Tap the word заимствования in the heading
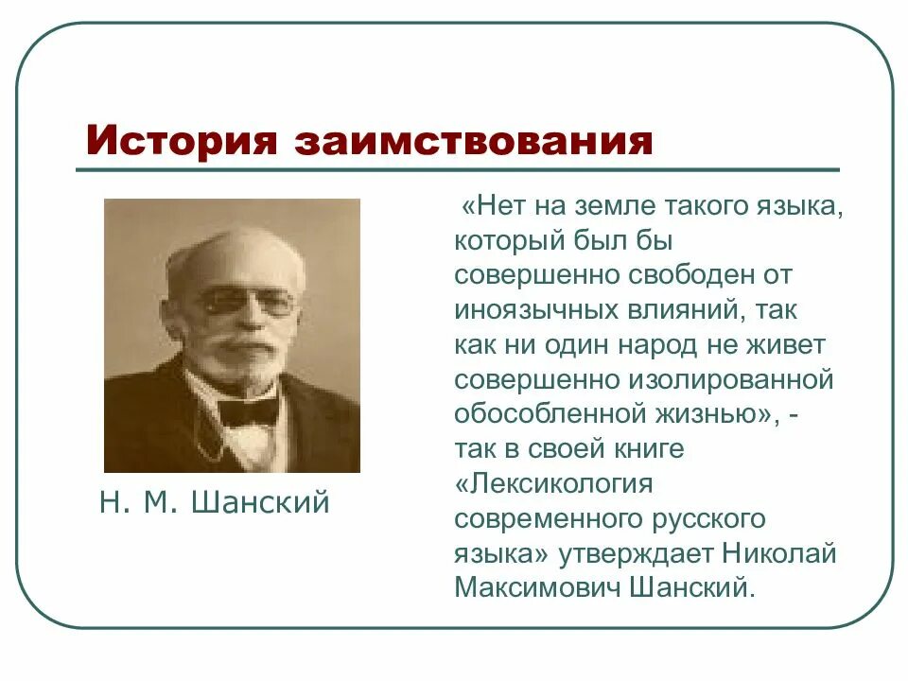[474, 142]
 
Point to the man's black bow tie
[248, 409]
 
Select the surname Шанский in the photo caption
[260, 502]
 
